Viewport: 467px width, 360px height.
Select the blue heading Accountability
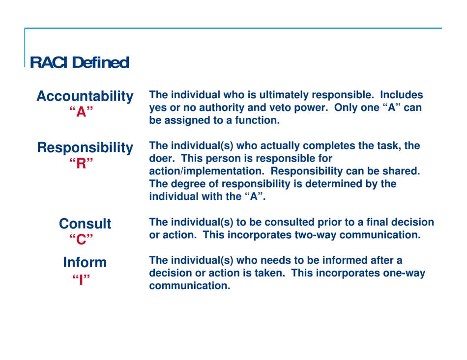(x=86, y=97)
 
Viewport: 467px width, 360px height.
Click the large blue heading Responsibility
(x=86, y=148)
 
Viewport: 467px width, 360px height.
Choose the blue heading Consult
(x=85, y=224)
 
